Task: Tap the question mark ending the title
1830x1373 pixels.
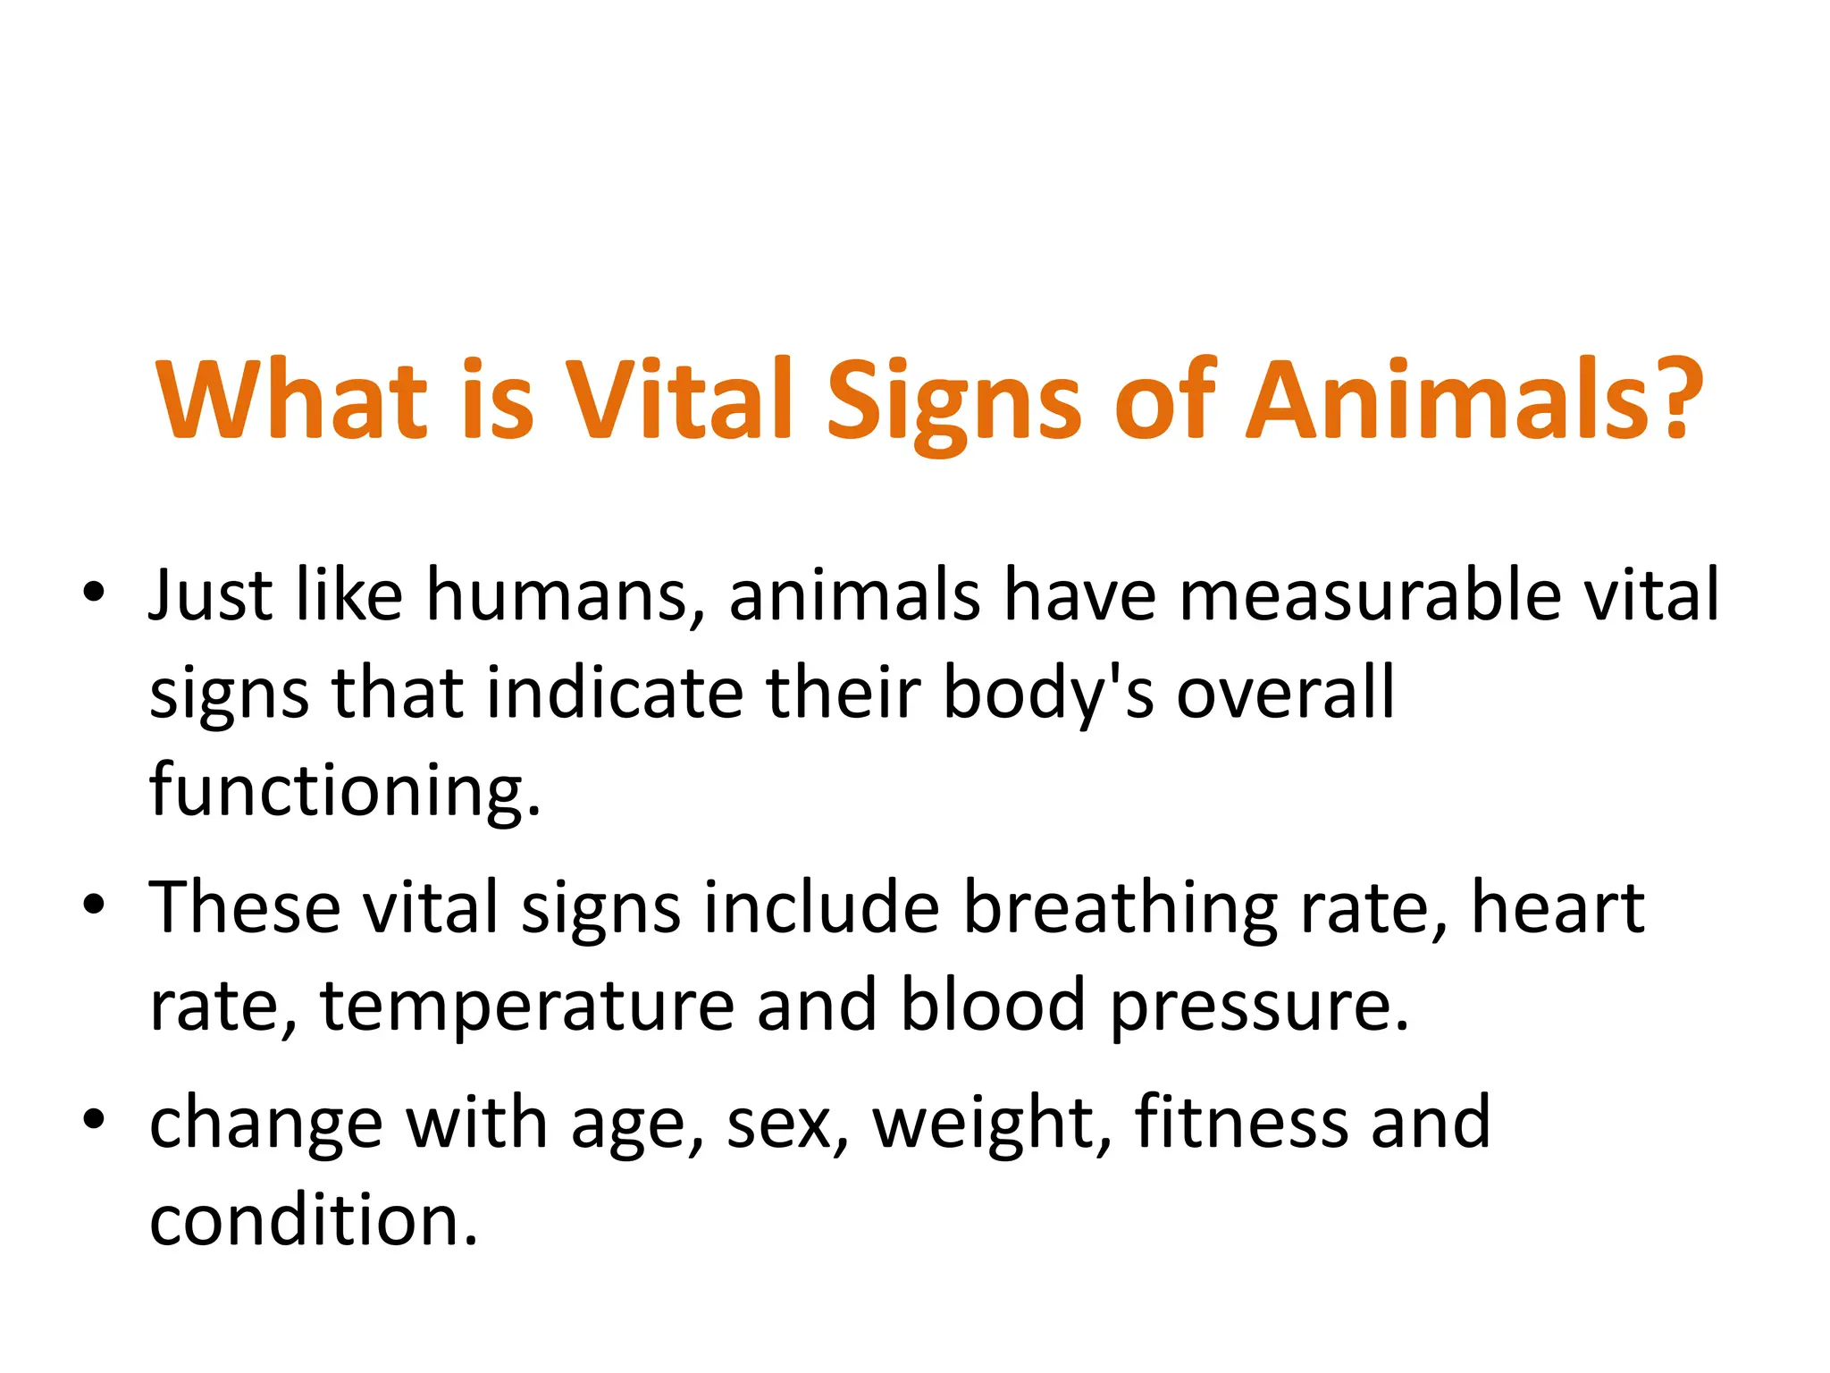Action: click(1675, 399)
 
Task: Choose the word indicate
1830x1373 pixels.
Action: click(615, 694)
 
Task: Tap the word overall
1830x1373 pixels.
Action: click(1285, 694)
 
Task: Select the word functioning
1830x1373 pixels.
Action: click(345, 792)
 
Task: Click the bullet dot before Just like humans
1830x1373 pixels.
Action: click(94, 593)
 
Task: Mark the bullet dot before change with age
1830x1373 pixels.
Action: click(94, 1120)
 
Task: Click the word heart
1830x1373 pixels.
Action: click(1557, 908)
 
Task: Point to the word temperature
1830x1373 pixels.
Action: click(527, 1008)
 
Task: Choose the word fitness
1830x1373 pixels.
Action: click(1242, 1123)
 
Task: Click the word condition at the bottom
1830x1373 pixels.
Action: click(313, 1221)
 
